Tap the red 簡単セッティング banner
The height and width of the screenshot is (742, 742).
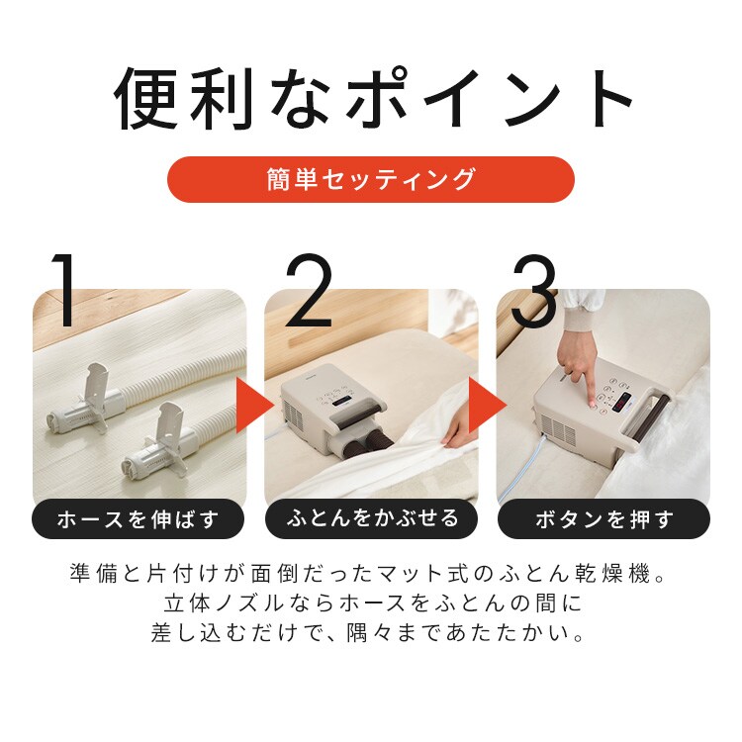click(x=370, y=179)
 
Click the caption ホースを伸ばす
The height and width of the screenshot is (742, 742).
click(x=139, y=518)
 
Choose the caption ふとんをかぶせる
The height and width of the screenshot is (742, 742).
click(x=371, y=518)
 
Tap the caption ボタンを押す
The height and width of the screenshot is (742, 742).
click(x=603, y=518)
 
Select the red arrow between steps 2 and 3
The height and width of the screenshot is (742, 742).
click(x=486, y=407)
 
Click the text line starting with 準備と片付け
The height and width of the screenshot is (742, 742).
click(x=371, y=573)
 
